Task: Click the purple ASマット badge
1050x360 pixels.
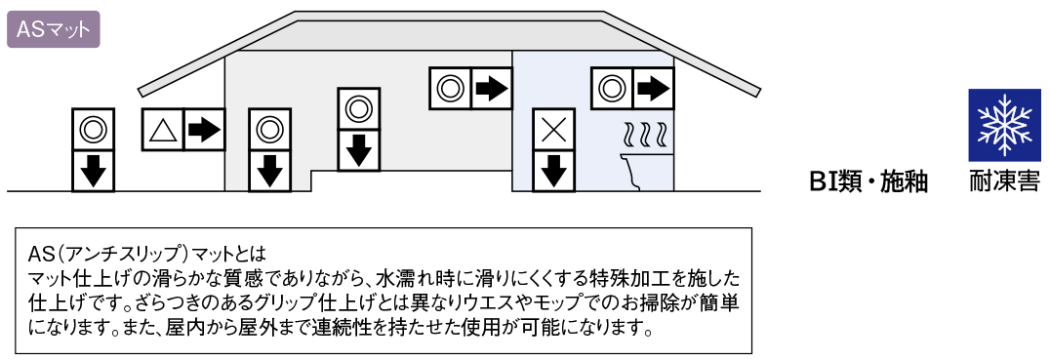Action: [x=53, y=29]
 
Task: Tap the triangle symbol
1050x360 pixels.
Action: [x=161, y=130]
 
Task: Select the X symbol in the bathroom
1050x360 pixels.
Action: [x=552, y=129]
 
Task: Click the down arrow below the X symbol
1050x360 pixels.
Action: [x=552, y=171]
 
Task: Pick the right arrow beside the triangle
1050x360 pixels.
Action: [x=204, y=130]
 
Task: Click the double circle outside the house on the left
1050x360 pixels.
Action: [x=93, y=129]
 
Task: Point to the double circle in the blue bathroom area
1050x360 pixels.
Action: [x=611, y=88]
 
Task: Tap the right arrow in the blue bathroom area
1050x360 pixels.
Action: [x=653, y=88]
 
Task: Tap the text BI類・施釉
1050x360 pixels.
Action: [x=868, y=181]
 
